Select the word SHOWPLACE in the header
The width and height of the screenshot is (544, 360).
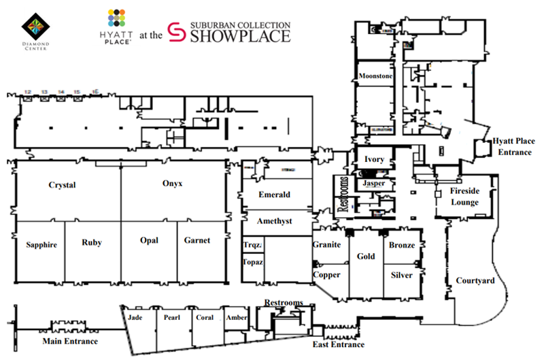click(240, 35)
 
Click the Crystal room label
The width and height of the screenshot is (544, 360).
click(62, 185)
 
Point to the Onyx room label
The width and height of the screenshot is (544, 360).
click(173, 183)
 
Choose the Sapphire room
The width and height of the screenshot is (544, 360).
click(40, 244)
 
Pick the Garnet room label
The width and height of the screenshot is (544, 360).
click(197, 240)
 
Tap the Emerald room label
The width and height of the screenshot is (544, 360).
click(275, 195)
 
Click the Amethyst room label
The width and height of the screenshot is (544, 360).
click(275, 221)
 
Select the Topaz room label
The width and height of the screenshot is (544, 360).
click(252, 262)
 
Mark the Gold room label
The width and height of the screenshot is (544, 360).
click(366, 257)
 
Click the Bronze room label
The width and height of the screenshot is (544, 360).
click(401, 245)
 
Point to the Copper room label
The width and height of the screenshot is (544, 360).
click(326, 275)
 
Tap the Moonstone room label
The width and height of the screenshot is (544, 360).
click(375, 76)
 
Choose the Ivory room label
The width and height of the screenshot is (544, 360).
click(375, 159)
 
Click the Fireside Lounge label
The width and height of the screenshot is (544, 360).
click(464, 197)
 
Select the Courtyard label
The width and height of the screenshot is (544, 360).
click(475, 280)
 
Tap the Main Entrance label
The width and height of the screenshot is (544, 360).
click(70, 341)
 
